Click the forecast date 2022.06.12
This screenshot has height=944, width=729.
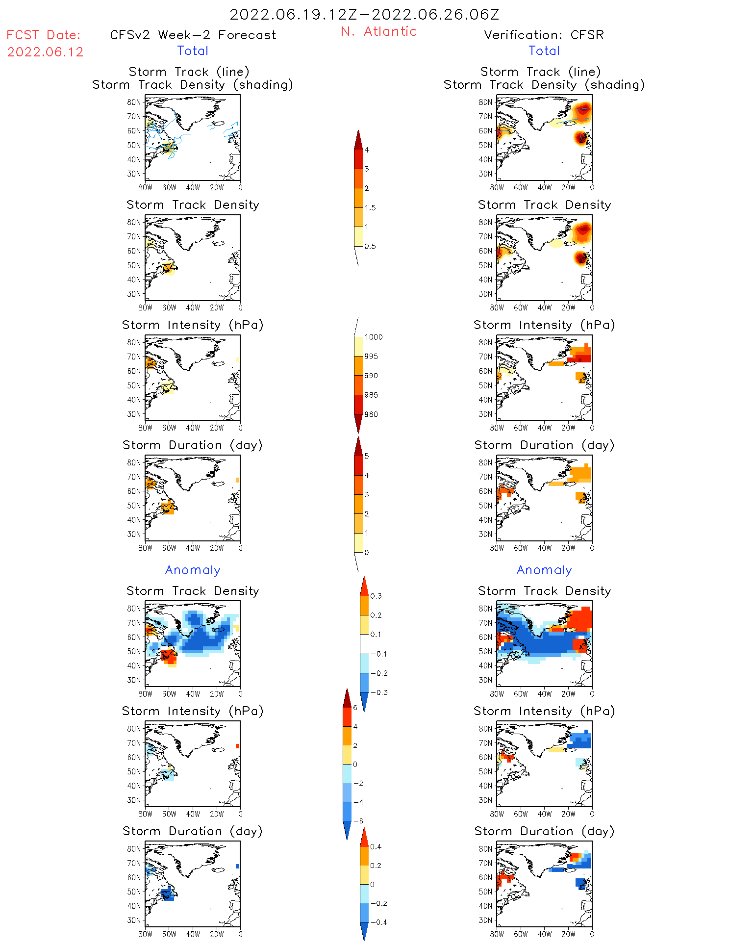tap(45, 52)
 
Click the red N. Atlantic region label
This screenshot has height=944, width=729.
tap(378, 31)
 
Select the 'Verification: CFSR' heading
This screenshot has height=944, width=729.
tap(544, 35)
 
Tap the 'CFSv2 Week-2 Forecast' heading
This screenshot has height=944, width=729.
tap(193, 35)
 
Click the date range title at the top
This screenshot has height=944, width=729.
tap(364, 14)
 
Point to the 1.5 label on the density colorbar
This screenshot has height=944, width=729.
tap(370, 207)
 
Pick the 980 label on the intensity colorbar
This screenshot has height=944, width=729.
tap(371, 414)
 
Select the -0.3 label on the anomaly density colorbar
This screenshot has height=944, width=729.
tap(378, 692)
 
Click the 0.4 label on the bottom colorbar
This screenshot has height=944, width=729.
tap(376, 846)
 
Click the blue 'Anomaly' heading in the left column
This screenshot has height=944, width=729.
tap(193, 570)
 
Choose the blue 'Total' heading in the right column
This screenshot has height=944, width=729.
tap(544, 51)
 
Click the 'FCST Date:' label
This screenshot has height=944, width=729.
tap(43, 35)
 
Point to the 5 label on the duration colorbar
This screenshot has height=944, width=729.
tap(367, 456)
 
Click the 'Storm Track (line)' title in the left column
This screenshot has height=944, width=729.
tap(189, 72)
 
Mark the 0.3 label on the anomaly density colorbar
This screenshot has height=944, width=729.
tap(376, 596)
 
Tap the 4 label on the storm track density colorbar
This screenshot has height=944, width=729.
tap(367, 150)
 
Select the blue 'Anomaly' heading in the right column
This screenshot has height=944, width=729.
tap(544, 570)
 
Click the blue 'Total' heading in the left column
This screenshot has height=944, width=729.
tap(193, 51)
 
